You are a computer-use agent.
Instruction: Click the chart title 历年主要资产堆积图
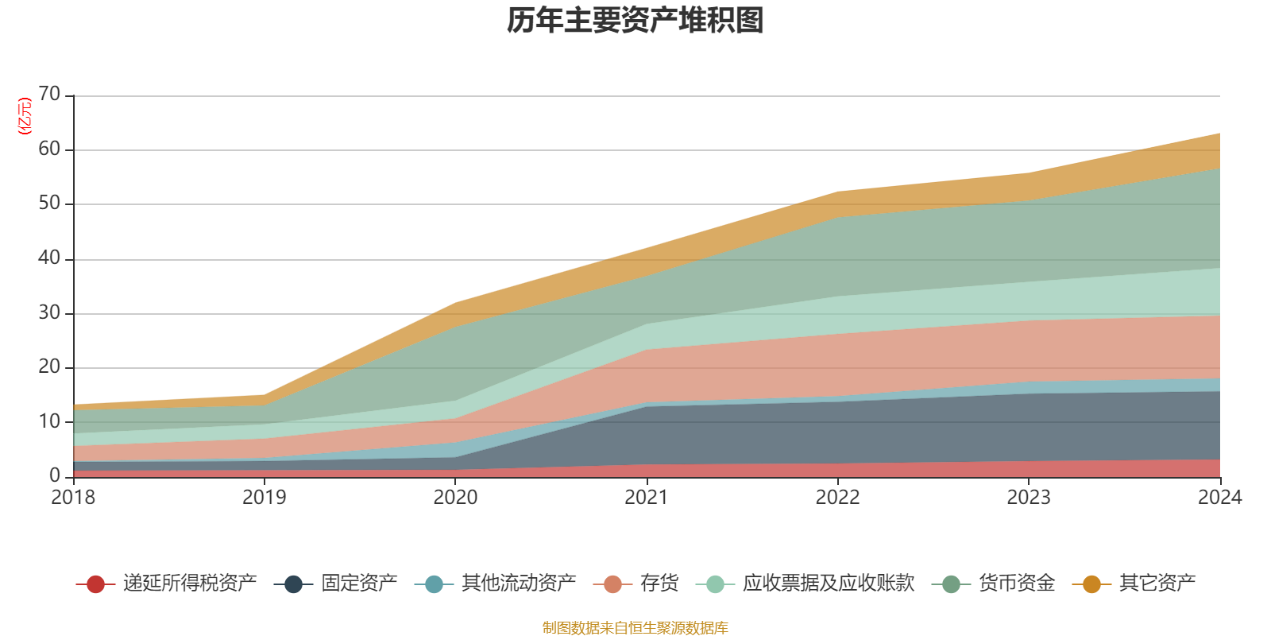635,21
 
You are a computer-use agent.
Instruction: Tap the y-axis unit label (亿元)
25,116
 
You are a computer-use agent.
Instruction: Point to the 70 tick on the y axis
49,95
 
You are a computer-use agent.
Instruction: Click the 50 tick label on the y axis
49,204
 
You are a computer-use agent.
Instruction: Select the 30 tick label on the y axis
49,312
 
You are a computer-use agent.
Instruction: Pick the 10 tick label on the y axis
49,421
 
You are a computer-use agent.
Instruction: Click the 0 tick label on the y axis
55,475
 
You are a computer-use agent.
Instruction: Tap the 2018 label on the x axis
73,498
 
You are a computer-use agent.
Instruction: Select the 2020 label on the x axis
456,498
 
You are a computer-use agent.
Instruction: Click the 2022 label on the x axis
837,498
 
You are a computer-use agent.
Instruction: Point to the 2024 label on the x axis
1220,498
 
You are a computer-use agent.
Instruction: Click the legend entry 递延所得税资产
166,584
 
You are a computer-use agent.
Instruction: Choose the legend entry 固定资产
335,584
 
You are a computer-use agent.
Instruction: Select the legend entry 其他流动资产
496,584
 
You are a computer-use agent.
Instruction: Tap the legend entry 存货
636,584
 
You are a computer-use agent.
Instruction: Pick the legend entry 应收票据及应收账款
805,584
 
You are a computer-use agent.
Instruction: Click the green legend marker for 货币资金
951,584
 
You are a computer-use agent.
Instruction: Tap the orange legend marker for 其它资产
1091,584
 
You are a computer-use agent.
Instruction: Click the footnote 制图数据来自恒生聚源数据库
635,627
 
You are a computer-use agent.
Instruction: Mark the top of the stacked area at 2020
455,303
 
